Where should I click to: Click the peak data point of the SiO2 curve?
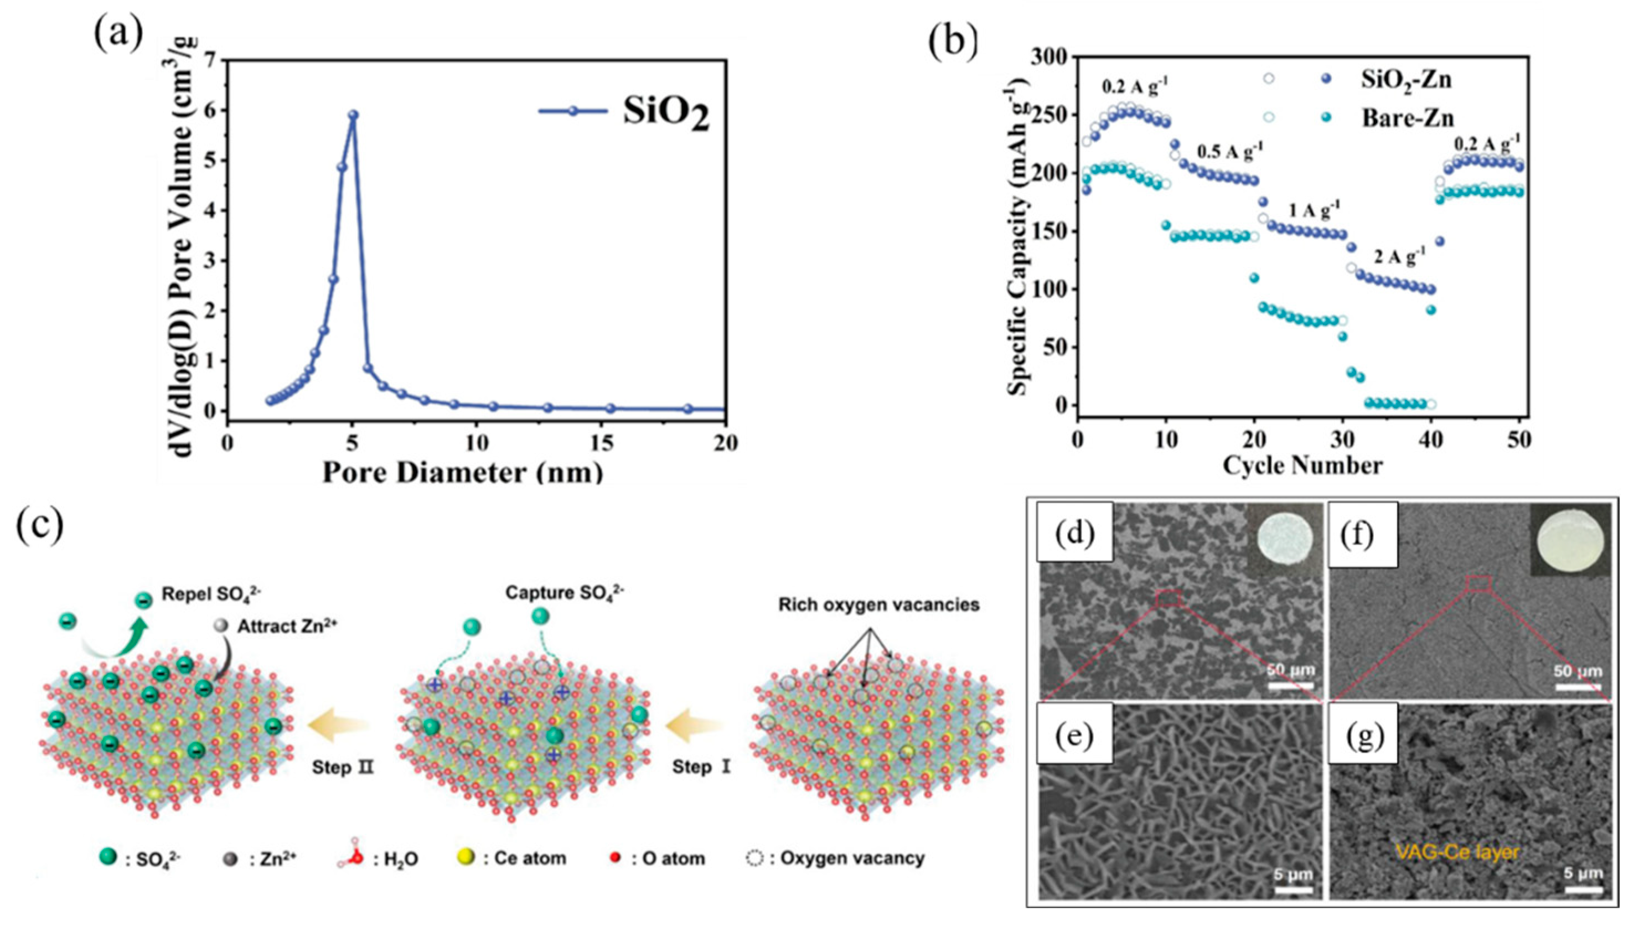click(x=353, y=115)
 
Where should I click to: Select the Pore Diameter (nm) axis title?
click(x=462, y=473)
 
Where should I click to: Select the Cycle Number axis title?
click(x=1302, y=465)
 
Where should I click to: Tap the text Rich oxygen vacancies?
click(x=878, y=604)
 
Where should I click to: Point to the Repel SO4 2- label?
click(x=211, y=594)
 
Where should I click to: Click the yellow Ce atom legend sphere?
click(x=468, y=857)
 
